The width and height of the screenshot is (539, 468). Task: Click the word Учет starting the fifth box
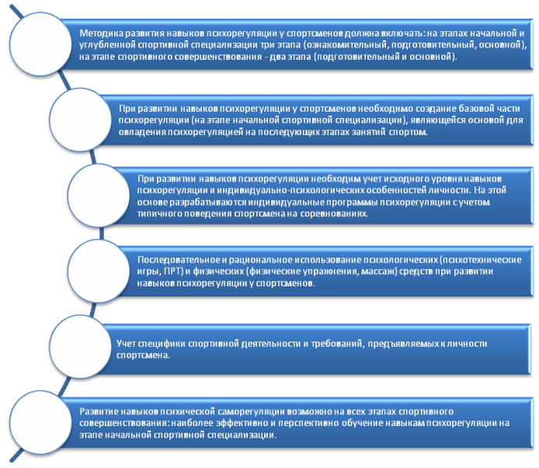click(127, 342)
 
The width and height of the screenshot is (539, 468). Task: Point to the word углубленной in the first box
click(107, 46)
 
